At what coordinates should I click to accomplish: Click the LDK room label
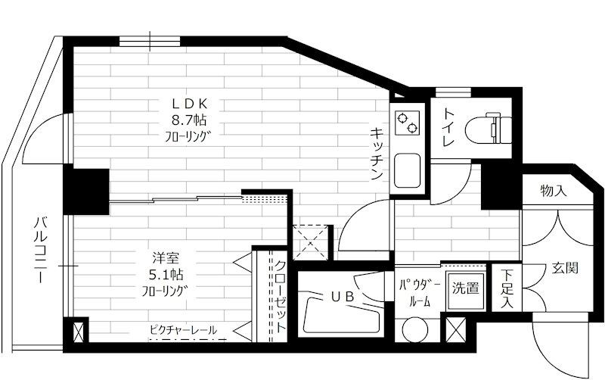click(190, 103)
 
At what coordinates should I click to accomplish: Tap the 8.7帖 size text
click(189, 120)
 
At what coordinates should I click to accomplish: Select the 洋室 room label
click(166, 257)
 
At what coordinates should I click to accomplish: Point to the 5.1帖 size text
click(166, 275)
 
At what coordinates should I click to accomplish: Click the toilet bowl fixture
click(489, 128)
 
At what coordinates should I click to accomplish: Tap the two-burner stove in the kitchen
click(407, 123)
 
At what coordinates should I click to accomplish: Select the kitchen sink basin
click(407, 170)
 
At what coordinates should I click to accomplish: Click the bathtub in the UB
click(341, 313)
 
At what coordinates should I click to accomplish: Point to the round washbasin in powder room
click(415, 330)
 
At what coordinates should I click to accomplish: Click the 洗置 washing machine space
click(466, 290)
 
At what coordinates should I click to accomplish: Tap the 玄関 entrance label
click(565, 268)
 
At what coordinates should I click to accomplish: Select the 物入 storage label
click(554, 191)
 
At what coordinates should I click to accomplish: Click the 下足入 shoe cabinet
click(507, 288)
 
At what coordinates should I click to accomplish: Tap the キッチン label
click(377, 154)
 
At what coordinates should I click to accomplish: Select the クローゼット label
click(280, 296)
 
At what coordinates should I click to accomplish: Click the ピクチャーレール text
click(183, 330)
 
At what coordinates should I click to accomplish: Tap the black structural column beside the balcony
click(86, 191)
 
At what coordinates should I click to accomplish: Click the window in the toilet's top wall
click(453, 92)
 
